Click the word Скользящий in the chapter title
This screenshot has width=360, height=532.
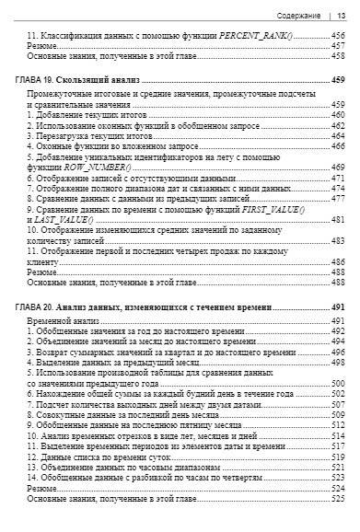point(87,80)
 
